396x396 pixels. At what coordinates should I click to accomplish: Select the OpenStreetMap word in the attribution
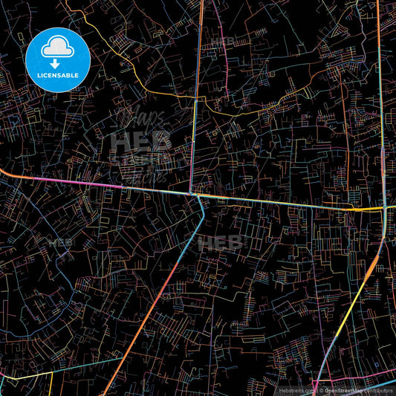tap(343, 389)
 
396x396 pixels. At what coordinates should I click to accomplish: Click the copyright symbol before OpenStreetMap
tap(321, 389)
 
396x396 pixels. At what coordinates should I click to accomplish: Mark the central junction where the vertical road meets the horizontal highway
tap(192, 195)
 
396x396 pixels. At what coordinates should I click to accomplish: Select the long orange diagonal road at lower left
tap(149, 312)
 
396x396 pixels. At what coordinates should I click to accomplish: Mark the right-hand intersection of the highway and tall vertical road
tap(385, 210)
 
